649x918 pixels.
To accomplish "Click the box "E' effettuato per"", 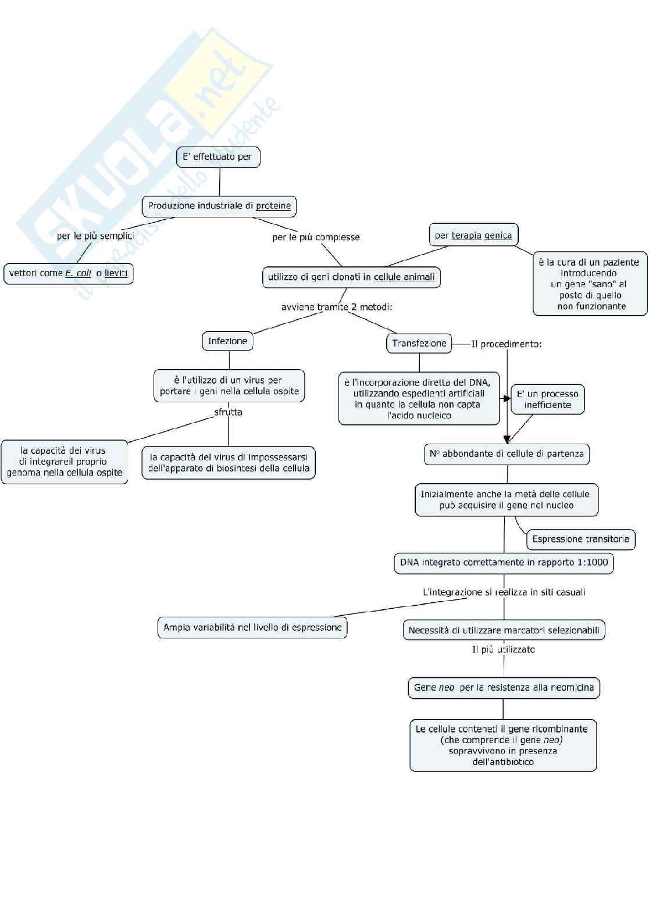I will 217,157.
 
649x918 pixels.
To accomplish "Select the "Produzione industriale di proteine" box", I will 219,206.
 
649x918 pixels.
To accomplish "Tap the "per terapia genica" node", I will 473,235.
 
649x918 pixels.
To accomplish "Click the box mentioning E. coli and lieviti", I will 69,273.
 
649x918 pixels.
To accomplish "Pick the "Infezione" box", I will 227,341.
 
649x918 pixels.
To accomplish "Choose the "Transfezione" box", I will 419,344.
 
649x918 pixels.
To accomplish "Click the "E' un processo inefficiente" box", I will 547,399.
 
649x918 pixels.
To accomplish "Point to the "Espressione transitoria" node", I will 580,540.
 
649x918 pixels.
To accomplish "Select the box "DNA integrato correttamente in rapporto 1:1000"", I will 504,563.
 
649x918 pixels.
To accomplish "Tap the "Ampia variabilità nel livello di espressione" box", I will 252,628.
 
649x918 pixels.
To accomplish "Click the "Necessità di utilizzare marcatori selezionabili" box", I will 504,630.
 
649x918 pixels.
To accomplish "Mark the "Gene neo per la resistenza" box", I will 504,688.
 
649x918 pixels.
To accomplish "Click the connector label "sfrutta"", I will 228,412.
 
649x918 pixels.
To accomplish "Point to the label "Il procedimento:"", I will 507,344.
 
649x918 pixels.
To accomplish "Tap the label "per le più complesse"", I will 316,237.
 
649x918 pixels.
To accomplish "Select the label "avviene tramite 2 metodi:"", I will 336,307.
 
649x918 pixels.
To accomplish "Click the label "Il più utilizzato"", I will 503,649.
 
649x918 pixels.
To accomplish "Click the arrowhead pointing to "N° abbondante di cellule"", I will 507,440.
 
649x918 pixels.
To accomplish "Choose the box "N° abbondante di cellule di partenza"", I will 507,454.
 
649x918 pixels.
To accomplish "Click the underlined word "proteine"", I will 273,206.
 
